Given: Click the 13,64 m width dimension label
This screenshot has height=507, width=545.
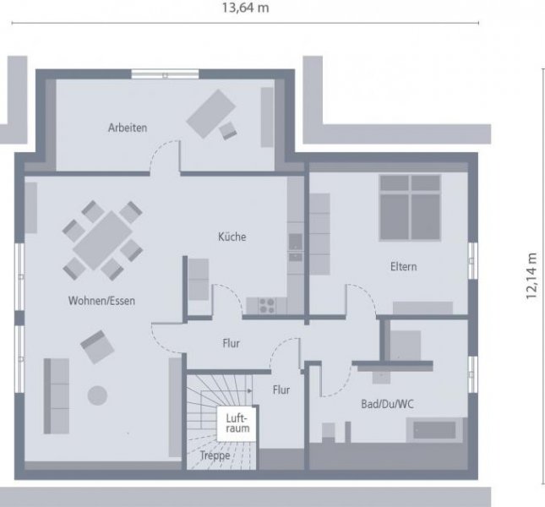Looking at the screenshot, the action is click(x=245, y=8).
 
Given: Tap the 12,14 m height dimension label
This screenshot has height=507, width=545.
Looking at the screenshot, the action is click(x=531, y=276).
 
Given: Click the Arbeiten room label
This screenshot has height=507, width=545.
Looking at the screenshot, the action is click(x=128, y=128).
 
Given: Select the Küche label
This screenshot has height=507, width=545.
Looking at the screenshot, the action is click(x=232, y=237).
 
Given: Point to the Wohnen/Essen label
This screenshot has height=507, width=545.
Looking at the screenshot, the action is click(x=101, y=301).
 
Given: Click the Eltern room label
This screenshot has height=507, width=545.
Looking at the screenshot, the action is click(x=403, y=266).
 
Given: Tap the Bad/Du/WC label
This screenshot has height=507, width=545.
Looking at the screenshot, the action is click(x=387, y=404).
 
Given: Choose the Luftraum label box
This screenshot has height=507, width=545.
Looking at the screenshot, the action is click(x=237, y=423).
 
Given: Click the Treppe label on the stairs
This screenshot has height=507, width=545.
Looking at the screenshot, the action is click(x=215, y=455).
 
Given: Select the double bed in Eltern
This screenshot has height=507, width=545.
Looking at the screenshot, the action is click(x=410, y=208).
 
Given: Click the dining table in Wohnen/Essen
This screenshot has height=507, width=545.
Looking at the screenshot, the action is click(x=102, y=241).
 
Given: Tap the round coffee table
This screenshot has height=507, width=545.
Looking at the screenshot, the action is click(x=97, y=395).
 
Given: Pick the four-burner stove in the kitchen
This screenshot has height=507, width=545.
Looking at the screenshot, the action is click(x=267, y=306).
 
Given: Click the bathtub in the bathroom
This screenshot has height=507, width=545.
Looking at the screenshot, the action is click(x=434, y=430).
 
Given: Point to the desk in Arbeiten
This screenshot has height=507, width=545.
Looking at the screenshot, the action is click(x=211, y=113).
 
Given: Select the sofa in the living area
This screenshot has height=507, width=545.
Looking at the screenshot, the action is click(x=57, y=395).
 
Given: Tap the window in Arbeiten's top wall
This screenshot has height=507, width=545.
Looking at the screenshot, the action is click(x=165, y=74).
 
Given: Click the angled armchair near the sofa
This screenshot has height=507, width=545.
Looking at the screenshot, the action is click(x=97, y=346).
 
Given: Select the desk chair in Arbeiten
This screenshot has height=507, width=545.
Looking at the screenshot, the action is click(x=228, y=131).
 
